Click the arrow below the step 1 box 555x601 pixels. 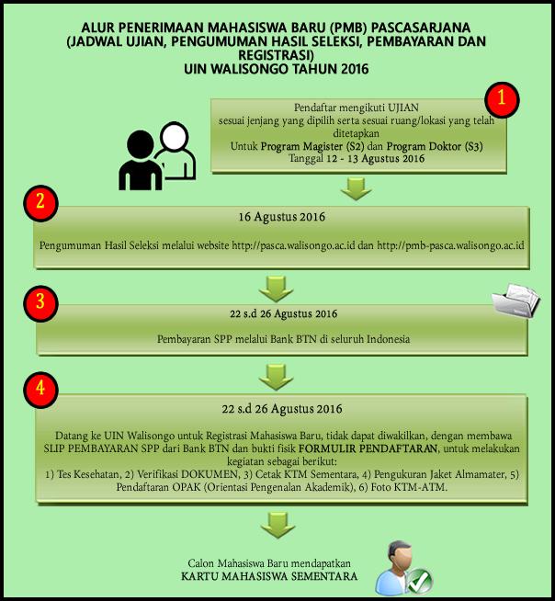click(355, 189)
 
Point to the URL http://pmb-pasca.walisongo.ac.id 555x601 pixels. click(449, 245)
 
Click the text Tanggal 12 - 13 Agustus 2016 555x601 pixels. click(355, 158)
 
